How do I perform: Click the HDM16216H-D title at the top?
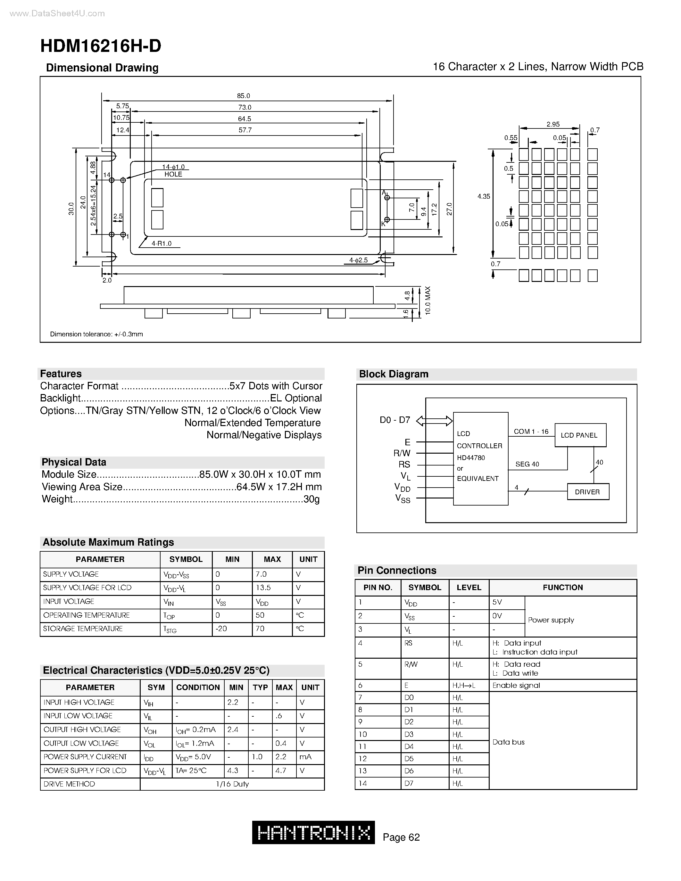pos(101,46)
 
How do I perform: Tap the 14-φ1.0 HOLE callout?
pos(173,171)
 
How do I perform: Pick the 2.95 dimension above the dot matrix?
pos(553,124)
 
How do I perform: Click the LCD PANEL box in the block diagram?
pos(580,435)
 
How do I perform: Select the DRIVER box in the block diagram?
pos(587,492)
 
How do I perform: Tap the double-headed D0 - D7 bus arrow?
pos(434,421)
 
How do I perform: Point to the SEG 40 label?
pos(527,464)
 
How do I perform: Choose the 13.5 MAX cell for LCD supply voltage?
pos(263,588)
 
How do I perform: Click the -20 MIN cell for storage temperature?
pos(221,629)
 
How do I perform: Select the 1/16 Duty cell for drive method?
pos(232,784)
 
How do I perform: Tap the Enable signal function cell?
pos(516,685)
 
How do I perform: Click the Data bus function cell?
pos(508,742)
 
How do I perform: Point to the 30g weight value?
pos(311,499)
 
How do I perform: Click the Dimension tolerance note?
pos(96,334)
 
